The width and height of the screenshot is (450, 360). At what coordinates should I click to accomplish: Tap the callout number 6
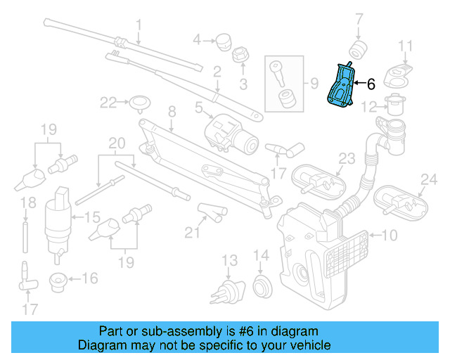pos(371,84)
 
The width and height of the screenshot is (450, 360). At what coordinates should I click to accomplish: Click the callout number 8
pos(171,110)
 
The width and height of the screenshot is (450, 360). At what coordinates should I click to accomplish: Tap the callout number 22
pos(107,103)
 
